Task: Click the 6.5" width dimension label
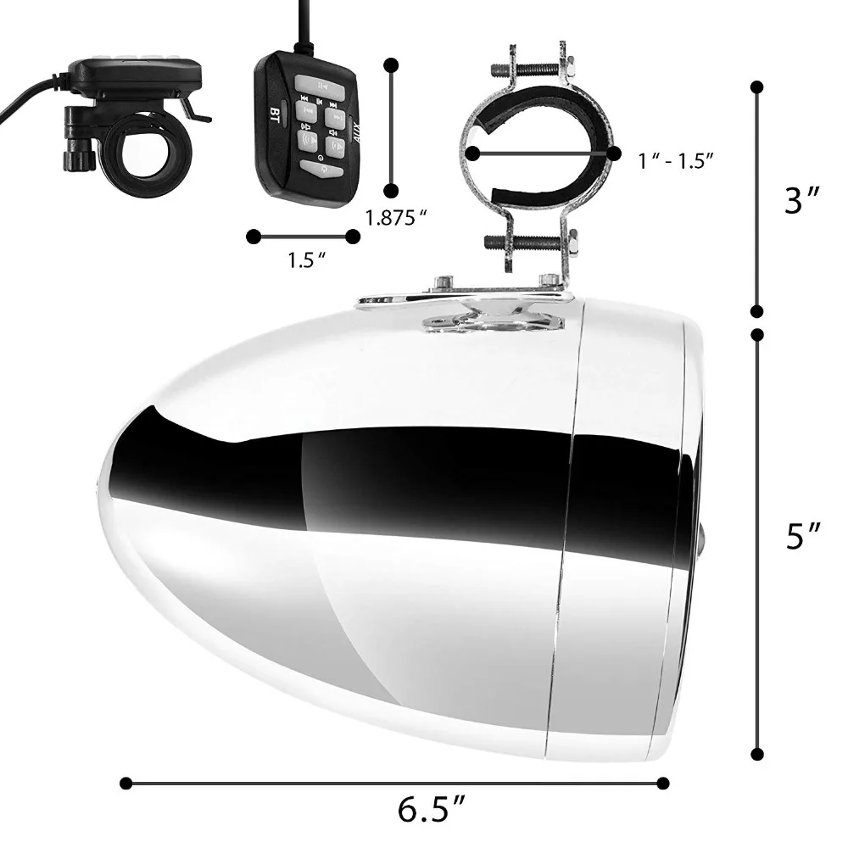(431, 810)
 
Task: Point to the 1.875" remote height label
(396, 218)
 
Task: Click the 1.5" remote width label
(307, 260)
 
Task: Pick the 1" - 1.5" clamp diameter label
(676, 160)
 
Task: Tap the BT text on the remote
(275, 114)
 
